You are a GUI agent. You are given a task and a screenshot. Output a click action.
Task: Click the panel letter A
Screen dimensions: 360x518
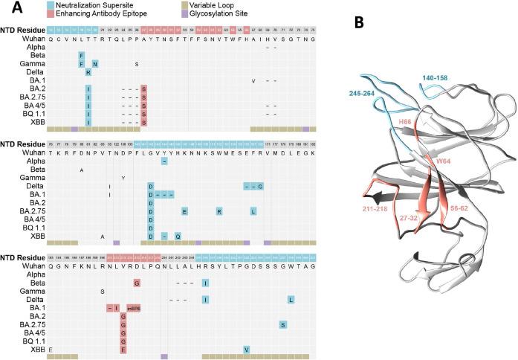[7, 9]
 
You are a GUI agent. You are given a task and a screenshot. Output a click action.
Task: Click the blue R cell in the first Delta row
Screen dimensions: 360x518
[88, 72]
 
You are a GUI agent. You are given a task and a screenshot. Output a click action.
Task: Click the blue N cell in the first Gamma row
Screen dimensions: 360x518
[96, 63]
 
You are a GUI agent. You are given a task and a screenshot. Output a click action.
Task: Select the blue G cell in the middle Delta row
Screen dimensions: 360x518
[261, 186]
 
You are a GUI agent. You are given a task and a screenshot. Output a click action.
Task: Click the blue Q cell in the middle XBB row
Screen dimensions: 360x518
[178, 235]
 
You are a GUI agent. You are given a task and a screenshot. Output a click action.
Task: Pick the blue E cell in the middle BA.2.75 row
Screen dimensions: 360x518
[184, 210]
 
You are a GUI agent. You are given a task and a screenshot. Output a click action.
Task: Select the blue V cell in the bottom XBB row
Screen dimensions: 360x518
[246, 349]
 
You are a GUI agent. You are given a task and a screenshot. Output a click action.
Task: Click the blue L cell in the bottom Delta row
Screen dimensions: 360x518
[291, 299]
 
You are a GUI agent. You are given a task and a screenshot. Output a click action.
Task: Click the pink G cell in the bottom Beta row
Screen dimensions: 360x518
[137, 283]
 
